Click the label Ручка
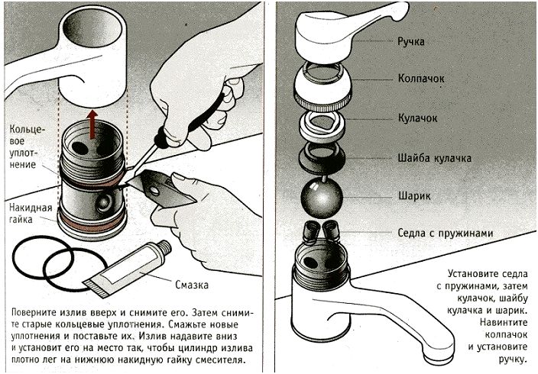[x=413, y=41]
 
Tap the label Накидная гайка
[x=31, y=213]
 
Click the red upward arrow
[x=92, y=122]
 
